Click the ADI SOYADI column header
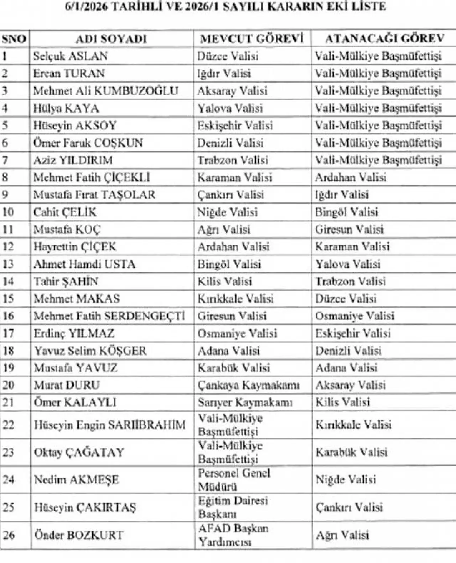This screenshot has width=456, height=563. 111,39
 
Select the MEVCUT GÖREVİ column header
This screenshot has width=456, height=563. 252,38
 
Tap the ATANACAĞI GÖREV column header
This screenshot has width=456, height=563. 384,38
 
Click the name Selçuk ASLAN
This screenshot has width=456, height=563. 71,56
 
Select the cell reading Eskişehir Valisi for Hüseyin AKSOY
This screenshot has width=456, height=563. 235,126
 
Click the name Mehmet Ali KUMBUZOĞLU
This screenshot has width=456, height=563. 105,91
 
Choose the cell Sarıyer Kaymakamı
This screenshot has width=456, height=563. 245,403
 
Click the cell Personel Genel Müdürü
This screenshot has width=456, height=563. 234,480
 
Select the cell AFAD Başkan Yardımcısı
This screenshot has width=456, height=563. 233,535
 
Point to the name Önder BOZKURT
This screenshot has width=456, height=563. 78,535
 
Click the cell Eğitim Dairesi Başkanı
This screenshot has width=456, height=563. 233,507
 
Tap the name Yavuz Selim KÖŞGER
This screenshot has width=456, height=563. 90,351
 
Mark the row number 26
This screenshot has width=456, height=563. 9,535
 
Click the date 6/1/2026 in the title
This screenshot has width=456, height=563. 87,7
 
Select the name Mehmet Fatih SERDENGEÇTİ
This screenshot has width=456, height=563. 109,316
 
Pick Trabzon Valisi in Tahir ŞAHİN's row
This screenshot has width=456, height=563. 350,282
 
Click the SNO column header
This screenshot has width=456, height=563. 14,39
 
